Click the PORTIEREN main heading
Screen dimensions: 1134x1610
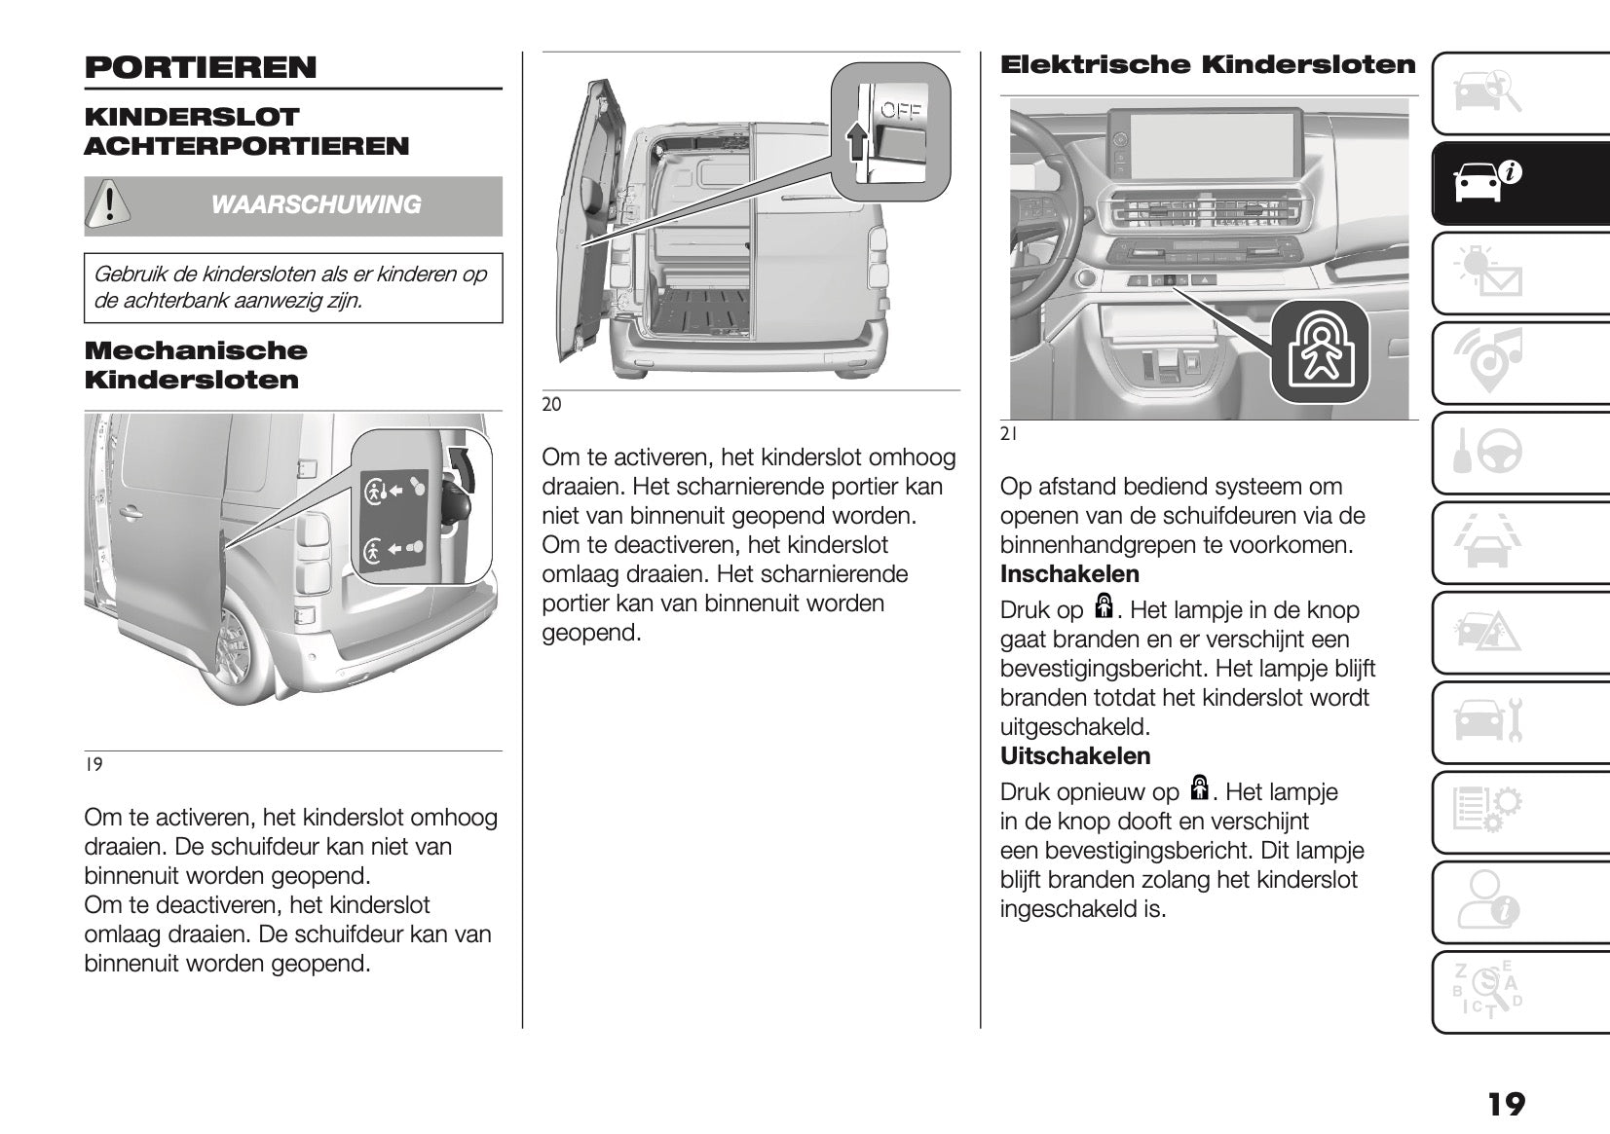tap(201, 67)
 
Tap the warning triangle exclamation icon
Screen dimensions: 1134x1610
tap(110, 204)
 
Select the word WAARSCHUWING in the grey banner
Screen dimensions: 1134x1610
tap(316, 204)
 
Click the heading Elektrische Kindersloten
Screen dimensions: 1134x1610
tap(1208, 65)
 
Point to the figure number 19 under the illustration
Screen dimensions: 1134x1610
tap(94, 765)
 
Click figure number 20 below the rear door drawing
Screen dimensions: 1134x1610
tap(551, 405)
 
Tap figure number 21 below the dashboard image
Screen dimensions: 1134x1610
tap(1009, 435)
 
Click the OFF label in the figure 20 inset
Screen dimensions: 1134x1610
tap(901, 111)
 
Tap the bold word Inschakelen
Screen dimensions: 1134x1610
tap(1069, 573)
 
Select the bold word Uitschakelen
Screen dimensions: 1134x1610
tap(1074, 755)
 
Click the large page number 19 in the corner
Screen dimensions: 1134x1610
tap(1506, 1104)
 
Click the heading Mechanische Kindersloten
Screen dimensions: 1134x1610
tap(196, 365)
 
